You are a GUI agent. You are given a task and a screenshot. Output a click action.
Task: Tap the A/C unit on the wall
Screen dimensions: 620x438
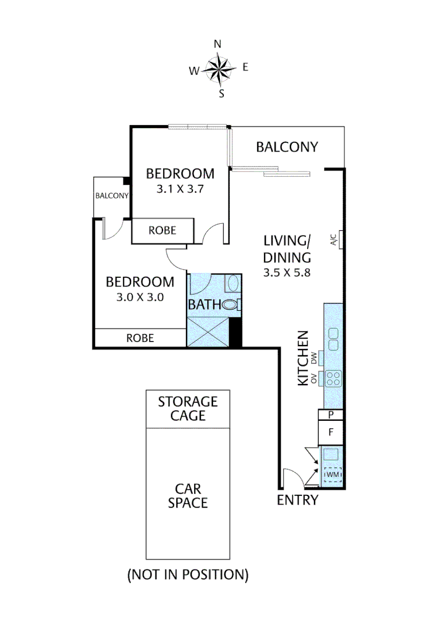[341, 240]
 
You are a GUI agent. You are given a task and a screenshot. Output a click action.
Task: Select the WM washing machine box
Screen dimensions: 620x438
[333, 475]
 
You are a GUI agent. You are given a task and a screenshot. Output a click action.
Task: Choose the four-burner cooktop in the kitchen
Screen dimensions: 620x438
[334, 378]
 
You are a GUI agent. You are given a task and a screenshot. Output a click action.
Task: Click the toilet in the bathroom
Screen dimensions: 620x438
[231, 305]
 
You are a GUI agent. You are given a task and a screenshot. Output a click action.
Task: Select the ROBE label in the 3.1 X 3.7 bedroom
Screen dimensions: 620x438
[162, 231]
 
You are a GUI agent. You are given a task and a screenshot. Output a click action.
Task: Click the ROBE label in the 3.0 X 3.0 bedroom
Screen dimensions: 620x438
[140, 338]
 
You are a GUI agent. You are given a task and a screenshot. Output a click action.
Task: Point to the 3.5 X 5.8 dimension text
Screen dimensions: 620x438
[287, 273]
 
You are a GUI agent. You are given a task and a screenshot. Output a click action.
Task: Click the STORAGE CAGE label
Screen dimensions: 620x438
[188, 408]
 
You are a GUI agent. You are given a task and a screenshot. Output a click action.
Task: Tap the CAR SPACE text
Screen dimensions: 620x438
[188, 496]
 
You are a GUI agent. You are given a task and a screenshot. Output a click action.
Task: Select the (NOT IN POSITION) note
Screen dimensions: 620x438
[188, 574]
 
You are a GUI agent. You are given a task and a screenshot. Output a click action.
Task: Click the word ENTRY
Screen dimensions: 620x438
[297, 500]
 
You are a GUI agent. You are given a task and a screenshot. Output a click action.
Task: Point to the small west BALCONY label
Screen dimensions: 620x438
[112, 195]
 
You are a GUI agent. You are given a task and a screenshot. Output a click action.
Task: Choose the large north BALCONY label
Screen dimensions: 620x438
[286, 147]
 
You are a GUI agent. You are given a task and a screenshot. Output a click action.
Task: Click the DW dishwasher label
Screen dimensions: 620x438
[313, 359]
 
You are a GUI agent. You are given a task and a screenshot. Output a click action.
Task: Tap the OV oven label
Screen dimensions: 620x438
[313, 379]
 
